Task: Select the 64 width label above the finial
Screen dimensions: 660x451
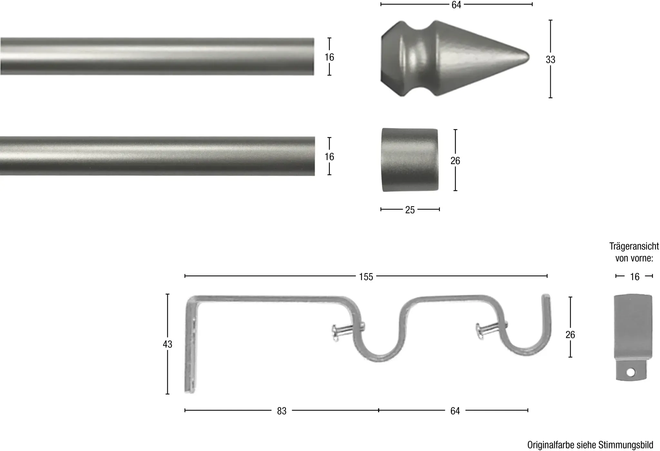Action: pyautogui.click(x=456, y=5)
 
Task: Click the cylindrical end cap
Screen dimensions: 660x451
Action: pyautogui.click(x=410, y=160)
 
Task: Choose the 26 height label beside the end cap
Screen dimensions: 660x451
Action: pyautogui.click(x=455, y=161)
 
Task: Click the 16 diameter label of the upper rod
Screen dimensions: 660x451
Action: pyautogui.click(x=329, y=57)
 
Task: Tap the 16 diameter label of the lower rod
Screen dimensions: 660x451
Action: pyautogui.click(x=329, y=157)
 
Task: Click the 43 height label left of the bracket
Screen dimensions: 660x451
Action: pyautogui.click(x=167, y=344)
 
